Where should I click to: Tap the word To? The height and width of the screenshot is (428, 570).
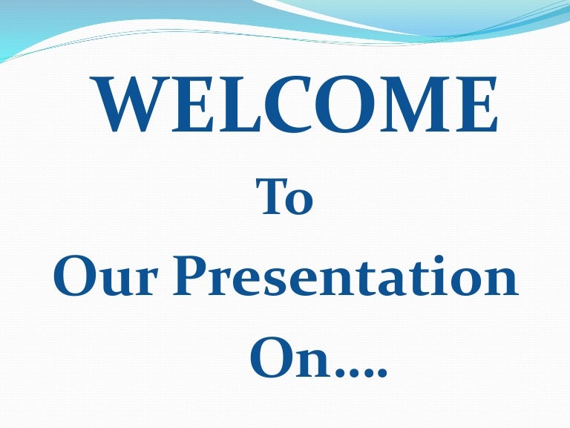point(284,196)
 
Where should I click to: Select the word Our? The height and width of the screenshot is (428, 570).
point(106,276)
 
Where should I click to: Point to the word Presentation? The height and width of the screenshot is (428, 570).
point(346,275)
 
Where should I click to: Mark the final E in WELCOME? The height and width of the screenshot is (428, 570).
point(476,104)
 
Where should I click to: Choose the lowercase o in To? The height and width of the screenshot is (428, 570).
point(299,202)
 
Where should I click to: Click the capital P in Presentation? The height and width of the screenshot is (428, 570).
point(191,275)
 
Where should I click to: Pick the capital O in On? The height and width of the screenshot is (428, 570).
point(271,357)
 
